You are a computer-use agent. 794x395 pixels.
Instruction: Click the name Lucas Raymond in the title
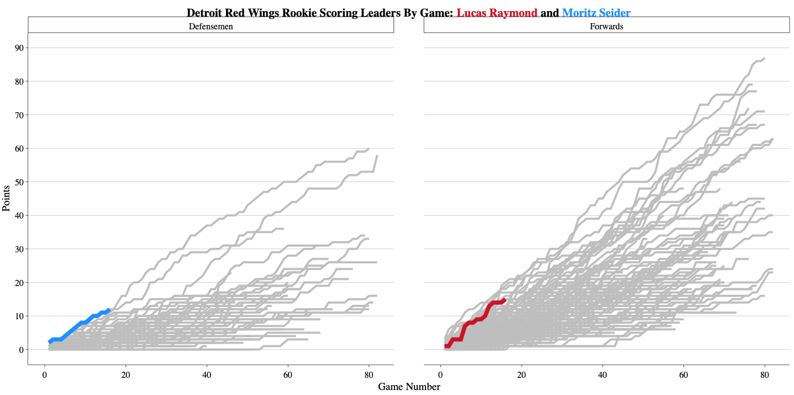[497, 12]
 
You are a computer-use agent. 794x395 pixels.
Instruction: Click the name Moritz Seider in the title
[596, 12]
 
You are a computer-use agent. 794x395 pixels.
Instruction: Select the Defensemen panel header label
[211, 26]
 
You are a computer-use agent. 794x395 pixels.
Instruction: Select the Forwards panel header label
[606, 26]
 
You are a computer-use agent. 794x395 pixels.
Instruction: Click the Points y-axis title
[7, 198]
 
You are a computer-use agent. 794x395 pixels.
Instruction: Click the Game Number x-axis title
[409, 387]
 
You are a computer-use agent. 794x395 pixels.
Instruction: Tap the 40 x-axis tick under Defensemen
[207, 374]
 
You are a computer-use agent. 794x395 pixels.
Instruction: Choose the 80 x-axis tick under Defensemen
[369, 374]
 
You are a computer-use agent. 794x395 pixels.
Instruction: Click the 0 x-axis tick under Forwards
[440, 374]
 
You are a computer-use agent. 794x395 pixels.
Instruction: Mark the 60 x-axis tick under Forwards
[683, 374]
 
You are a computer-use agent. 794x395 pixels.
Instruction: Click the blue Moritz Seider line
[77, 324]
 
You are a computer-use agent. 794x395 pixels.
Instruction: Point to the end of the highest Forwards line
[764, 58]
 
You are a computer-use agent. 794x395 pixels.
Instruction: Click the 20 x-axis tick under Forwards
[521, 374]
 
